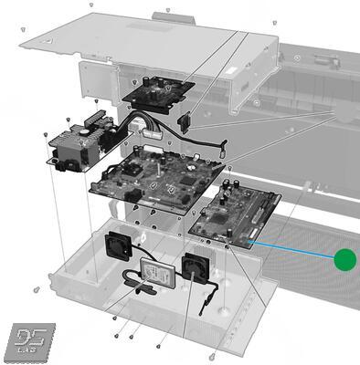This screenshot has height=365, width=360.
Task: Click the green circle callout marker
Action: coord(344,260)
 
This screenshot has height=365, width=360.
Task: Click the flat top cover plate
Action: coord(146,36)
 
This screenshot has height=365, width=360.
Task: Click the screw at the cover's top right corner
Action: coord(274,23)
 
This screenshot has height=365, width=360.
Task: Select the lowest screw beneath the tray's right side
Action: coord(212,355)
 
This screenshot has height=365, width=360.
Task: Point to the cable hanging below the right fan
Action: coord(212,297)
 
